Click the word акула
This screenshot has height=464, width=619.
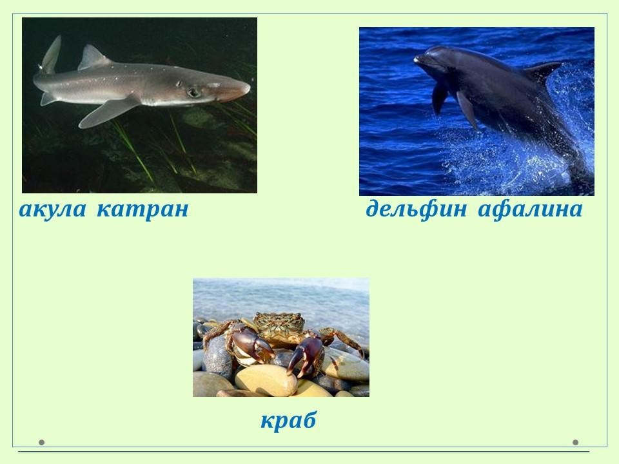click(x=52, y=209)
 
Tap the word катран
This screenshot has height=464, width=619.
click(x=142, y=209)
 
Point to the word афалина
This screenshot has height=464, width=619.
click(x=530, y=208)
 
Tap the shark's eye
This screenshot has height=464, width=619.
click(x=193, y=92)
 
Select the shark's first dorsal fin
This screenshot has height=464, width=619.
click(x=93, y=57)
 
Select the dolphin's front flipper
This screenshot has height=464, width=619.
click(x=468, y=108)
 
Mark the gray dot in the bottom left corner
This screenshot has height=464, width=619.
click(x=41, y=442)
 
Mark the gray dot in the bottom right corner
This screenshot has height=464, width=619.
click(x=576, y=442)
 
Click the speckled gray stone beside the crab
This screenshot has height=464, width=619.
click(x=217, y=357)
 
